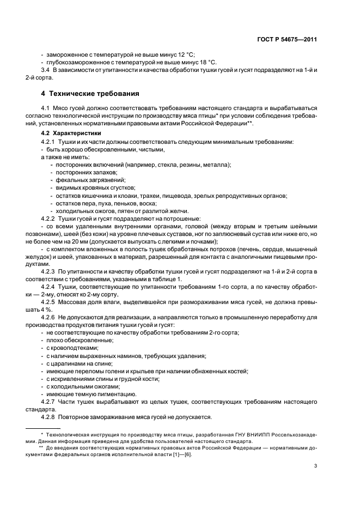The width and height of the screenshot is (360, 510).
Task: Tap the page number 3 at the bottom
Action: [316, 466]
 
